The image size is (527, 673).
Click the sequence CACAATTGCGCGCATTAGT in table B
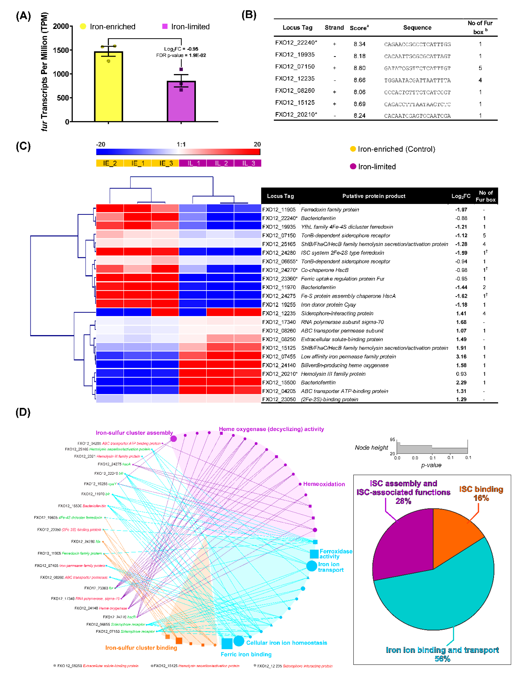[417, 56]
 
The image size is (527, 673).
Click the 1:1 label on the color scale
[181, 144]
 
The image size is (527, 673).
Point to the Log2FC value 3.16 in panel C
[461, 357]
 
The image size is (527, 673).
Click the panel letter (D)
[23, 412]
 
